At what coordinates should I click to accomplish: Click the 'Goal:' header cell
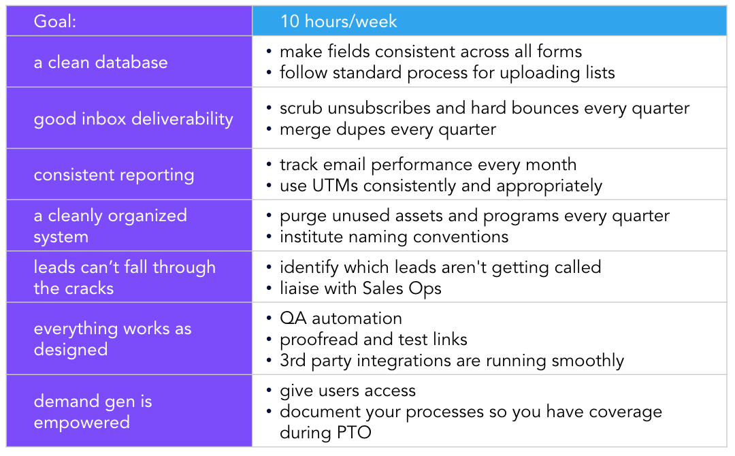tap(129, 21)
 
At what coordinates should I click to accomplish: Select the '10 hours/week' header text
tap(338, 21)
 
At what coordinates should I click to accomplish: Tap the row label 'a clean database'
tap(101, 62)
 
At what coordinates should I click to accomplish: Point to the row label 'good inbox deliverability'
tap(133, 118)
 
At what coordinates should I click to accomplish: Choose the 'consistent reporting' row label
tap(114, 175)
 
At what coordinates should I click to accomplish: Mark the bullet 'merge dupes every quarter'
tap(388, 129)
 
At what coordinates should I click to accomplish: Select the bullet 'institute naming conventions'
tap(394, 237)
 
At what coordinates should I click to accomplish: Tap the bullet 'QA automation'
tap(341, 319)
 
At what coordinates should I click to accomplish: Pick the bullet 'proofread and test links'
tap(374, 340)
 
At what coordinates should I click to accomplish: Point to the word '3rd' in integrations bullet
tap(293, 361)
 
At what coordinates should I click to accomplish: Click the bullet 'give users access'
tap(348, 391)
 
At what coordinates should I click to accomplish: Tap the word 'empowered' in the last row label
tap(82, 423)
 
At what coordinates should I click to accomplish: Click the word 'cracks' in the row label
tap(88, 288)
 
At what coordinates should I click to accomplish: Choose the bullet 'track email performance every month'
tap(428, 165)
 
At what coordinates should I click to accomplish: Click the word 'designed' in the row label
tap(71, 350)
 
